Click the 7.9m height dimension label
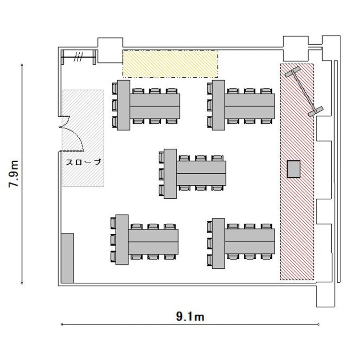pos(13,174)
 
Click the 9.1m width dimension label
pos(190,317)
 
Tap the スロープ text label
pos(84,162)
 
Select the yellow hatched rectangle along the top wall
pos(170,64)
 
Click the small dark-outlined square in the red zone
pos(294,169)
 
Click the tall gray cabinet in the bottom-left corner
pos(68,258)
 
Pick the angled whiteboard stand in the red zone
pos(304,91)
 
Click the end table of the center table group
pos(170,174)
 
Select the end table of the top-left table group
pos(123,105)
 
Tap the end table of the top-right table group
pos(218,105)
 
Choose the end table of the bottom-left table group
pos(122,240)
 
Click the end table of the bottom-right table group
pos(218,243)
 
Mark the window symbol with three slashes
pos(78,57)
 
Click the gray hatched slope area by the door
pos(83,138)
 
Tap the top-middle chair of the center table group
pos(201,158)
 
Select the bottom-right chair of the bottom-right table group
pos(266,256)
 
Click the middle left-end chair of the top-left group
pos(115,105)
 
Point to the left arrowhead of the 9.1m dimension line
pos(62,324)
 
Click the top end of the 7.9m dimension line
pos(22,65)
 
